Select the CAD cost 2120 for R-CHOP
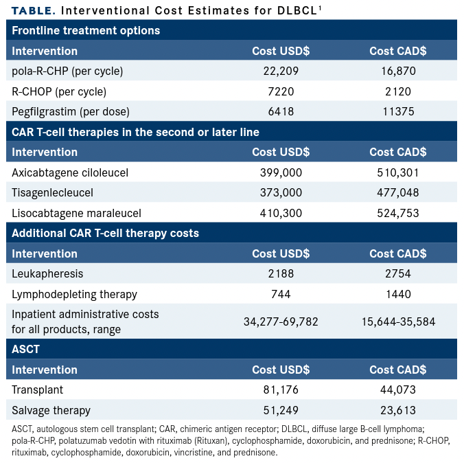[398, 91]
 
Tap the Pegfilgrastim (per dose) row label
[71, 111]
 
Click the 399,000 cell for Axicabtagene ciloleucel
[281, 172]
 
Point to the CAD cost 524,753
[398, 213]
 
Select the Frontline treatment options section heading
[86, 30]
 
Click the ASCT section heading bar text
[26, 349]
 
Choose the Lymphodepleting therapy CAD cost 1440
[398, 294]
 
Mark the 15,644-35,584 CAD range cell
[398, 321]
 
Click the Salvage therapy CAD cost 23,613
[398, 410]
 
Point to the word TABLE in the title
[32, 11]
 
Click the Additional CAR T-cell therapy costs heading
[105, 234]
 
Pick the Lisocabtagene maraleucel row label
[75, 213]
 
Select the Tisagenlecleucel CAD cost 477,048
[398, 192]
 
